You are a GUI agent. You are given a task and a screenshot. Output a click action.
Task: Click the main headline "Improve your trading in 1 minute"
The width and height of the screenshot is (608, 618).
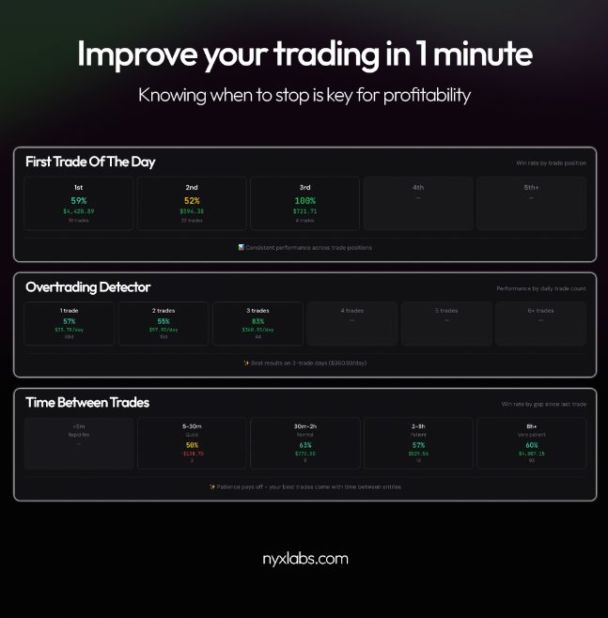pyautogui.click(x=304, y=54)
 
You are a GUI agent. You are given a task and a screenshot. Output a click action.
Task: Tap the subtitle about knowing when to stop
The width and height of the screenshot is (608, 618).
pyautogui.click(x=304, y=95)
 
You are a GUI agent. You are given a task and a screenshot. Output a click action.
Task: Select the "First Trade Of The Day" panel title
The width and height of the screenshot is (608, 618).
pyautogui.click(x=90, y=162)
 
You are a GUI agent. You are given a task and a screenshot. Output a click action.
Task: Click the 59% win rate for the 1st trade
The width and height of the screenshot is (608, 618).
pyautogui.click(x=79, y=200)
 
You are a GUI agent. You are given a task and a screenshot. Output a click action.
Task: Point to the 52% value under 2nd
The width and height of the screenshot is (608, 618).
pyautogui.click(x=192, y=200)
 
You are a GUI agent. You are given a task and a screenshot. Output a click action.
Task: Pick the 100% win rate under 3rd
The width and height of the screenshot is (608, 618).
pyautogui.click(x=304, y=200)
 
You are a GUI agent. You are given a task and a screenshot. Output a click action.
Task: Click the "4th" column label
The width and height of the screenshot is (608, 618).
pyautogui.click(x=418, y=187)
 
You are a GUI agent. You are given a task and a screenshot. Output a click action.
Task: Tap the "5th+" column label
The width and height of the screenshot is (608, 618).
pyautogui.click(x=531, y=187)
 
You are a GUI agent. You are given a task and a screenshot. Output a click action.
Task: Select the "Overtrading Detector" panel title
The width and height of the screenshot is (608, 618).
pyautogui.click(x=88, y=287)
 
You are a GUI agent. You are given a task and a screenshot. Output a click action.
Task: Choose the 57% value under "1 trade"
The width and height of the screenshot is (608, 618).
pyautogui.click(x=69, y=321)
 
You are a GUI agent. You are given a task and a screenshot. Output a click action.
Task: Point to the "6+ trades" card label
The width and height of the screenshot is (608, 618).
pyautogui.click(x=540, y=310)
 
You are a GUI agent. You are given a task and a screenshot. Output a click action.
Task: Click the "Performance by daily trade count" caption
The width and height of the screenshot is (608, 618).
pyautogui.click(x=541, y=288)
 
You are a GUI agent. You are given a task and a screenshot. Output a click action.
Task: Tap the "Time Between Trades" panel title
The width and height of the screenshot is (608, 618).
pyautogui.click(x=87, y=403)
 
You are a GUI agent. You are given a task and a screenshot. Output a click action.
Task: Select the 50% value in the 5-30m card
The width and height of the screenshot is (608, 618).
pyautogui.click(x=192, y=445)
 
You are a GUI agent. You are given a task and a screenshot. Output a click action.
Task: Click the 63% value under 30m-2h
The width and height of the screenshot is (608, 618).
pyautogui.click(x=304, y=445)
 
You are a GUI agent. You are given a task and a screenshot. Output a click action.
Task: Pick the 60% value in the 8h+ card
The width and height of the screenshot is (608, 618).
pyautogui.click(x=531, y=445)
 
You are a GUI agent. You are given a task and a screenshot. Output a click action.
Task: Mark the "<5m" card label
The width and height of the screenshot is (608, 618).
pyautogui.click(x=78, y=426)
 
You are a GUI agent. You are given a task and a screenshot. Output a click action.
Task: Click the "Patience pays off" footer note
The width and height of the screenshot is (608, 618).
pyautogui.click(x=304, y=487)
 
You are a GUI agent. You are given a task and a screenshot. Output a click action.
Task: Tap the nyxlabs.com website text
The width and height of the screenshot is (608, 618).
pyautogui.click(x=304, y=559)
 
